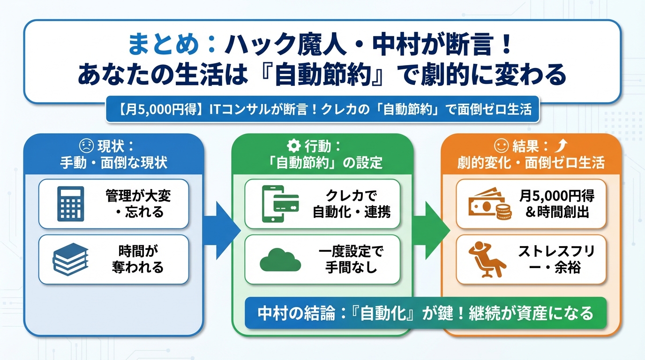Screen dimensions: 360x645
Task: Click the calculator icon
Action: coord(70,203)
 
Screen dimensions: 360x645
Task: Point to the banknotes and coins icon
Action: coord(488,204)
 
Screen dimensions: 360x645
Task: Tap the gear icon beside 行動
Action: coord(293,147)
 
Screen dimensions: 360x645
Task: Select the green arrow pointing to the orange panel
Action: coord(431,230)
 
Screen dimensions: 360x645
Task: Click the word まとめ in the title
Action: coord(162,46)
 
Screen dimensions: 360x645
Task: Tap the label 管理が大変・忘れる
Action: coord(138,203)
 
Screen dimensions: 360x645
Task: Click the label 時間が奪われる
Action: coord(138,259)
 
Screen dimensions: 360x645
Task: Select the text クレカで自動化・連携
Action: coord(351,203)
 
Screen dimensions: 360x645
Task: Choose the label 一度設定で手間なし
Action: coord(351,259)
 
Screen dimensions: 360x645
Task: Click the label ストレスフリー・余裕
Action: coord(556,259)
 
